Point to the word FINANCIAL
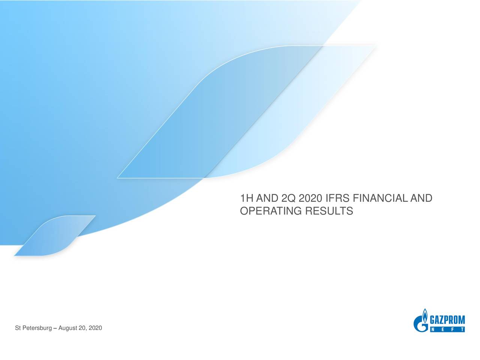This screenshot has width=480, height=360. [x=380, y=198]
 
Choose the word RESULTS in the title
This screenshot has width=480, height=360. [x=329, y=211]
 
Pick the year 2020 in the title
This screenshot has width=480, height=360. [x=310, y=198]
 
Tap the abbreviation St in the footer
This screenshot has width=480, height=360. [x=18, y=328]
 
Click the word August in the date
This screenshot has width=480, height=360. [x=67, y=328]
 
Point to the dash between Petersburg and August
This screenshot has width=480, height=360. [x=55, y=328]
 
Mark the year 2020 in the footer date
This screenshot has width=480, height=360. [x=95, y=328]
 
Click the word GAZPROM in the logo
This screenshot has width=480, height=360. [x=447, y=320]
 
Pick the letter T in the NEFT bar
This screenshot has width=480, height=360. [x=461, y=330]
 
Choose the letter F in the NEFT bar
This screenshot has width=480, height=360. [x=452, y=330]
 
